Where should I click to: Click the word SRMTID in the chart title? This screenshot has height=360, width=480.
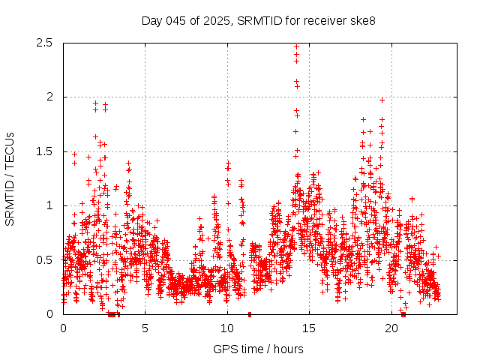tap(256, 20)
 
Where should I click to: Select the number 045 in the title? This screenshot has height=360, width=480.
tap(175, 20)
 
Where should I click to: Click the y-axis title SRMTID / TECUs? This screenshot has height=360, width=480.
tap(10, 178)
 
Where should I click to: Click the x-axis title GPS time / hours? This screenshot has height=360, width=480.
tap(258, 349)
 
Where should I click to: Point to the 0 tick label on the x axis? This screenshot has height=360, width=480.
tap(63, 328)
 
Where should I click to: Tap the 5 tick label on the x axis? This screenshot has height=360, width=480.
tap(145, 328)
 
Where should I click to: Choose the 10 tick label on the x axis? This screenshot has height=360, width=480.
tap(227, 328)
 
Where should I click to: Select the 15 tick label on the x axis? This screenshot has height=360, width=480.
tap(310, 328)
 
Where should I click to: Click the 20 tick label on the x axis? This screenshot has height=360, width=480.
tap(391, 328)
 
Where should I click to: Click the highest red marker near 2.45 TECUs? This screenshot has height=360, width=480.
tap(296, 46)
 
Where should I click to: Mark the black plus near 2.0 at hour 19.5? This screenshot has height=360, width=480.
tap(382, 100)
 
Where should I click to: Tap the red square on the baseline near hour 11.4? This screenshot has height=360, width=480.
tap(250, 314)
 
